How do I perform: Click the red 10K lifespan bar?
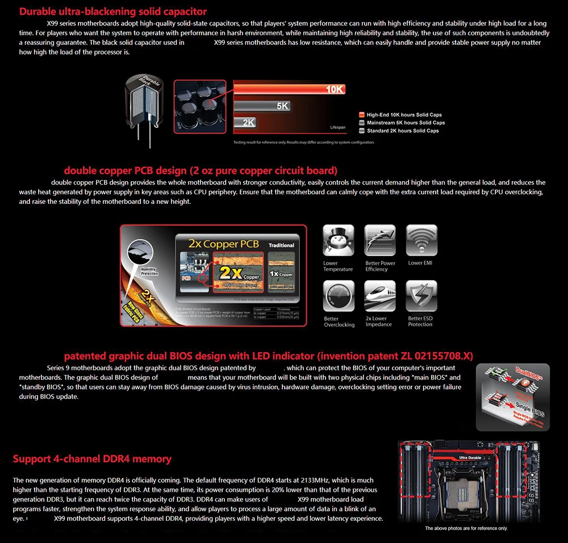pos(289,89)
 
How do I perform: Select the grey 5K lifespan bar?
pos(262,106)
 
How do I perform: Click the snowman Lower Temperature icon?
pos(338,240)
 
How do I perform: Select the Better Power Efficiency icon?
pos(380,240)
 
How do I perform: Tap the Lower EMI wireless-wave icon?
pos(421,240)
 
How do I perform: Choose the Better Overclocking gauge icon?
pos(338,296)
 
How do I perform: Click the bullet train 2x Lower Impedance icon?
pos(380,296)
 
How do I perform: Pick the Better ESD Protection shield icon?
pos(421,296)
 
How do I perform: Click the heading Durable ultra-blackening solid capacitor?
pos(113,11)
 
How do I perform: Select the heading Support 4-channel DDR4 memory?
pos(92,458)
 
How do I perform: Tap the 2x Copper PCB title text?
pos(224,244)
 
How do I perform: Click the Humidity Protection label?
pos(149,271)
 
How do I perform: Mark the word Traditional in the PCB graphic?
pos(281,245)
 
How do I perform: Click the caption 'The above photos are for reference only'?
pos(466,528)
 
